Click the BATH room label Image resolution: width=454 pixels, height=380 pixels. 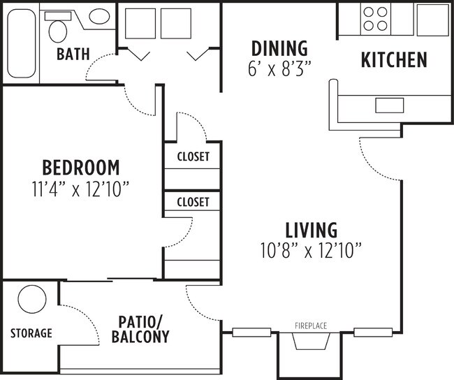pos(73,54)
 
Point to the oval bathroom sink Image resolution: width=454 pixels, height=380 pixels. pos(99,17)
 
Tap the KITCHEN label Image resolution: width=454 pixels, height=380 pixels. pos(393,60)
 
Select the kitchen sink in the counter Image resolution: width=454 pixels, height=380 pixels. pos(389,105)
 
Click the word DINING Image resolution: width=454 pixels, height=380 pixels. pos(279,49)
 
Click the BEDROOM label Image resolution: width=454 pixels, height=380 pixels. pos(81,168)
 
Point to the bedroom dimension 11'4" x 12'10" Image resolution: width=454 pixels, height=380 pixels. pos(81,189)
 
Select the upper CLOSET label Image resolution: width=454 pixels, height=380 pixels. pos(193,157)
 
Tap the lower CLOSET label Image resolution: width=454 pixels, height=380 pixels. pos(193,203)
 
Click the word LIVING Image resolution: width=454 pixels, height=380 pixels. pos(311,230)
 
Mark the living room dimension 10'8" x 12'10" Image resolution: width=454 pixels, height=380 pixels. pos(311,249)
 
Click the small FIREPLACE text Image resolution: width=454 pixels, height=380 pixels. pos(310,326)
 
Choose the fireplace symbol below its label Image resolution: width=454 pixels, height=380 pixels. pos(310,342)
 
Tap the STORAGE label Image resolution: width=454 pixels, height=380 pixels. pos(31,333)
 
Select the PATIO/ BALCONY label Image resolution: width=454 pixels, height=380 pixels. pos(140,330)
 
